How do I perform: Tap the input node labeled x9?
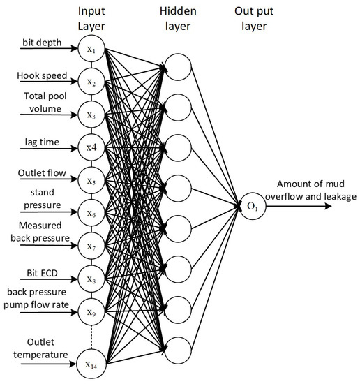[x=91, y=311]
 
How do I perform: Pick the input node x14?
[x=91, y=364]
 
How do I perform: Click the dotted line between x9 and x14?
[x=91, y=338]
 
